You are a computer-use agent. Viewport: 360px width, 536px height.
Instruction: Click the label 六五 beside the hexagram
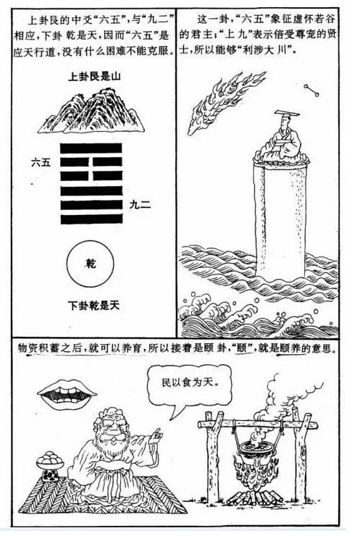click(x=41, y=162)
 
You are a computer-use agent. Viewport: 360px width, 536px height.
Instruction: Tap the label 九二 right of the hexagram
click(x=141, y=205)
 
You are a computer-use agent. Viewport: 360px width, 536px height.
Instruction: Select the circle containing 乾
click(x=91, y=264)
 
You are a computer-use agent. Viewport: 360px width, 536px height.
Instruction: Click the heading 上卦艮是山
click(x=94, y=76)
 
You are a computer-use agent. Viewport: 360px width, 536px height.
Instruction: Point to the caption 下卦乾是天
click(x=93, y=305)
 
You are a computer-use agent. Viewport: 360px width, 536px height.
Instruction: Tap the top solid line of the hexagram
click(x=91, y=148)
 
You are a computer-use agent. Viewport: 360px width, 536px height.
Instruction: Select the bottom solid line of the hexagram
click(x=91, y=219)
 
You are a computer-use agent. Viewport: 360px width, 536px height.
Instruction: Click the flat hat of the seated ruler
click(x=287, y=113)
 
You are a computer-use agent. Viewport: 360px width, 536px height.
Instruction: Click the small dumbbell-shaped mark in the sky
click(x=311, y=91)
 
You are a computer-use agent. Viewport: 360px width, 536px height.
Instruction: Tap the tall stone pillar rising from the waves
click(x=280, y=219)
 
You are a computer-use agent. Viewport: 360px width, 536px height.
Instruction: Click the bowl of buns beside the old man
click(x=50, y=461)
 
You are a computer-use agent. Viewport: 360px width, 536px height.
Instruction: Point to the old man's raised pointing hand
click(x=156, y=435)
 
